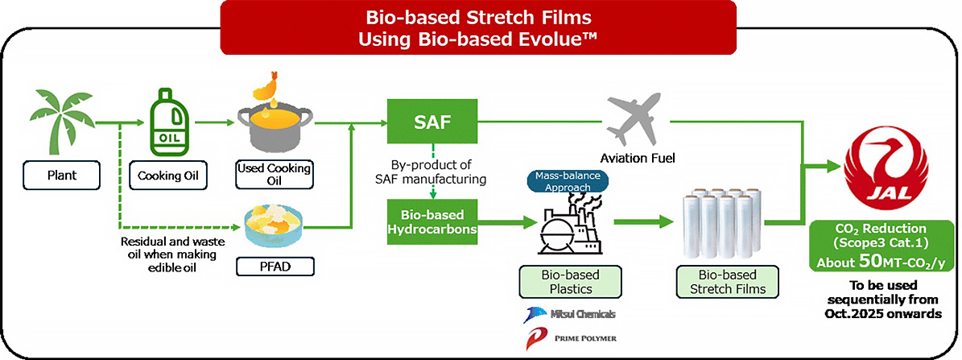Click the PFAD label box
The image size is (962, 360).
click(x=273, y=264)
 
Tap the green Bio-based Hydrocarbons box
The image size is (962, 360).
click(x=431, y=221)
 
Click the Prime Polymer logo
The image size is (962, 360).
click(x=563, y=339)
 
